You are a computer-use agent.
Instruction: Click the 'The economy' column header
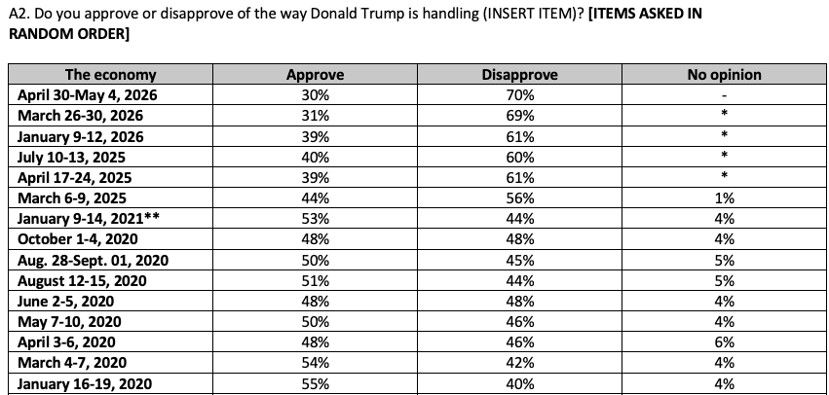coord(110,75)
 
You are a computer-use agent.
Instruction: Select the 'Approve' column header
coord(315,75)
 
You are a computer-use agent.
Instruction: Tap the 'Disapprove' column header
coord(520,75)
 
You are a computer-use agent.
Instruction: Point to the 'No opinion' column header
coord(725,75)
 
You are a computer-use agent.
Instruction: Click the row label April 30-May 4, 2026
coord(88,95)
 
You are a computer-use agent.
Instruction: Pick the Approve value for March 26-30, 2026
coord(315,116)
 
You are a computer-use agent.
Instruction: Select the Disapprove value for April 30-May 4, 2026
coord(520,95)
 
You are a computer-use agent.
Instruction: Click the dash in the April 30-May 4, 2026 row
coord(725,96)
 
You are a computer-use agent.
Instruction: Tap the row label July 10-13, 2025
coord(71,158)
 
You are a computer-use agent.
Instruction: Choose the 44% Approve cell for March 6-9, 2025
coord(315,198)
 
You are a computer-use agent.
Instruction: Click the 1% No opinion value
coord(725,198)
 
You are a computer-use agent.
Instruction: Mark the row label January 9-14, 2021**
coord(89,219)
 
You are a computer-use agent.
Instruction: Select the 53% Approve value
coord(315,219)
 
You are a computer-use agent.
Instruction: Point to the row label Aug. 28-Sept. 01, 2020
coord(94,260)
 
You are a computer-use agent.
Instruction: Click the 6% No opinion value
coord(725,342)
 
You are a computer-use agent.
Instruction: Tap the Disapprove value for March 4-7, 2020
coord(520,363)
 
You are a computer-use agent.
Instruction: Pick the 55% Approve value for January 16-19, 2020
coord(315,383)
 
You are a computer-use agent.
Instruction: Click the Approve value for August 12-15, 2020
coord(315,280)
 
